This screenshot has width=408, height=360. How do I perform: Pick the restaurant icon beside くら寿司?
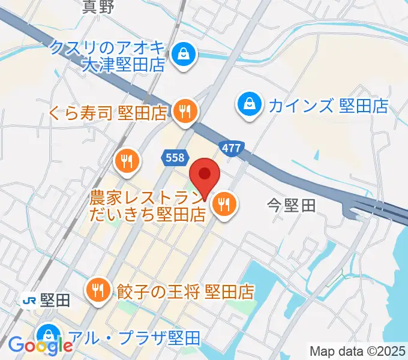point(185,110)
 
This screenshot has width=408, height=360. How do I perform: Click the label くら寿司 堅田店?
point(109,112)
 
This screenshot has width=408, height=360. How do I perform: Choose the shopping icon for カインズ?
point(247,106)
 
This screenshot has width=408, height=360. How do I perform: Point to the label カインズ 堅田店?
point(328,107)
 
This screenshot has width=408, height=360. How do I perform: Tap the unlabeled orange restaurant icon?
point(127,161)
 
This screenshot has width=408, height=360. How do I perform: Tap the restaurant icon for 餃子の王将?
point(97,291)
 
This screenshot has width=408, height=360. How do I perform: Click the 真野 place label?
point(98,7)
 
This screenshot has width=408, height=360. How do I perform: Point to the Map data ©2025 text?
point(358,351)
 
